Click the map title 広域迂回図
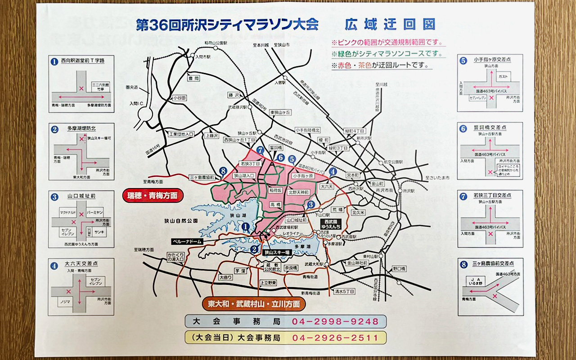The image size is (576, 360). [x=390, y=24]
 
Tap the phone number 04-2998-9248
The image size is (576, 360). [x=335, y=322]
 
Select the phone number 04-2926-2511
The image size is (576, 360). [x=335, y=337]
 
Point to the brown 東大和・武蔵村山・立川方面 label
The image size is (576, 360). [x=254, y=304]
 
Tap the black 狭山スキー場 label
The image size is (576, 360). [x=277, y=252]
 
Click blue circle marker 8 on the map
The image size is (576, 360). [x=222, y=171]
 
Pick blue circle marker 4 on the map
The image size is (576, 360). [x=333, y=171]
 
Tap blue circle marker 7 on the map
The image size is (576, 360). [x=260, y=150]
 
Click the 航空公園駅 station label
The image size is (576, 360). [x=393, y=162]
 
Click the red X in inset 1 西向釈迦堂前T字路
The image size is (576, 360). [x=81, y=89]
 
